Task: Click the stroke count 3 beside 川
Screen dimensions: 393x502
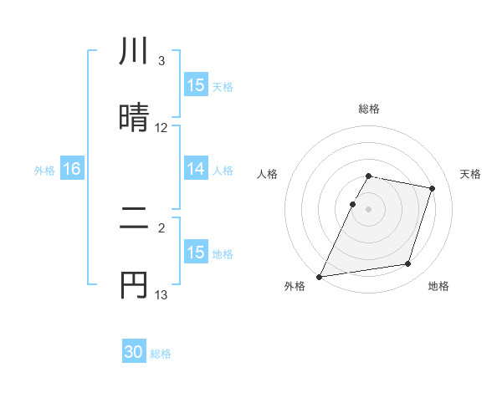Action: (x=161, y=61)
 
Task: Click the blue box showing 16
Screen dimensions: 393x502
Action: (x=72, y=170)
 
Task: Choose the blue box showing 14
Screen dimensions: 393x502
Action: (x=196, y=170)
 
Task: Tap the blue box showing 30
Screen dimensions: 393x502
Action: (x=134, y=353)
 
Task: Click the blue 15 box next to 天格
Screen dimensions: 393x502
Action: (x=196, y=85)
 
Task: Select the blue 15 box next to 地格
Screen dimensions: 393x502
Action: (x=196, y=253)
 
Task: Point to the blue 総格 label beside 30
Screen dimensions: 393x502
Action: (x=161, y=354)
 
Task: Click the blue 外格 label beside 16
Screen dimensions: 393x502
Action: (x=44, y=171)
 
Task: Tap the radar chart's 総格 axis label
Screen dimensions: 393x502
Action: (x=369, y=109)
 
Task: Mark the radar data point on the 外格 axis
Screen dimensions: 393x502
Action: (x=320, y=276)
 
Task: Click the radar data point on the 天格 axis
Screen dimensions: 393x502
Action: (x=433, y=188)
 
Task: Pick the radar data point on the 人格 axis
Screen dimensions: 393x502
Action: (x=353, y=204)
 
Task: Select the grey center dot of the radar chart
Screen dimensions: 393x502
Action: (x=369, y=209)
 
